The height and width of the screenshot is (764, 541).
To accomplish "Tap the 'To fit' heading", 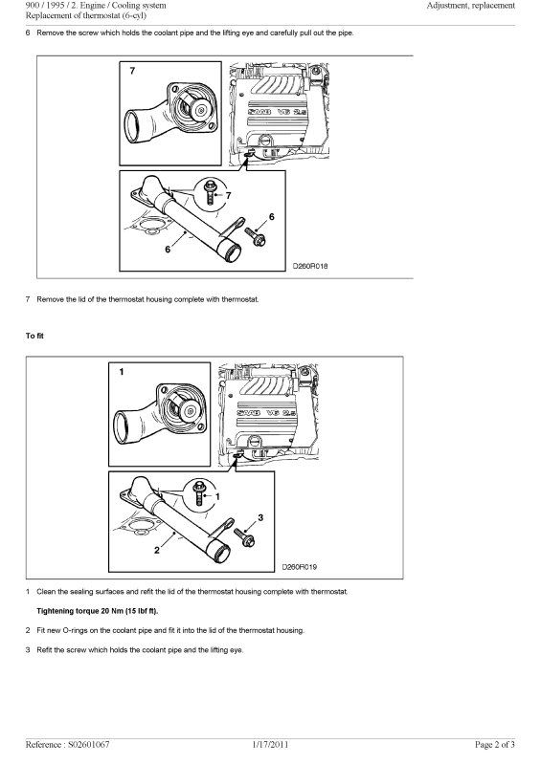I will (x=35, y=336).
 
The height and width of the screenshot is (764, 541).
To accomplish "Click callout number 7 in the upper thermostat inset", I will (x=132, y=72).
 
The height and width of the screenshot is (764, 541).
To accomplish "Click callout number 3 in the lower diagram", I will (x=259, y=516).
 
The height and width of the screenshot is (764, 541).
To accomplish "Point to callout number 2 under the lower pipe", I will (x=156, y=550).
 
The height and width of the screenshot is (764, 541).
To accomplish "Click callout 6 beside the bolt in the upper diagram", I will (x=271, y=217).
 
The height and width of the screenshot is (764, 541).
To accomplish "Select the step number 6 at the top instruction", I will (x=28, y=33).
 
